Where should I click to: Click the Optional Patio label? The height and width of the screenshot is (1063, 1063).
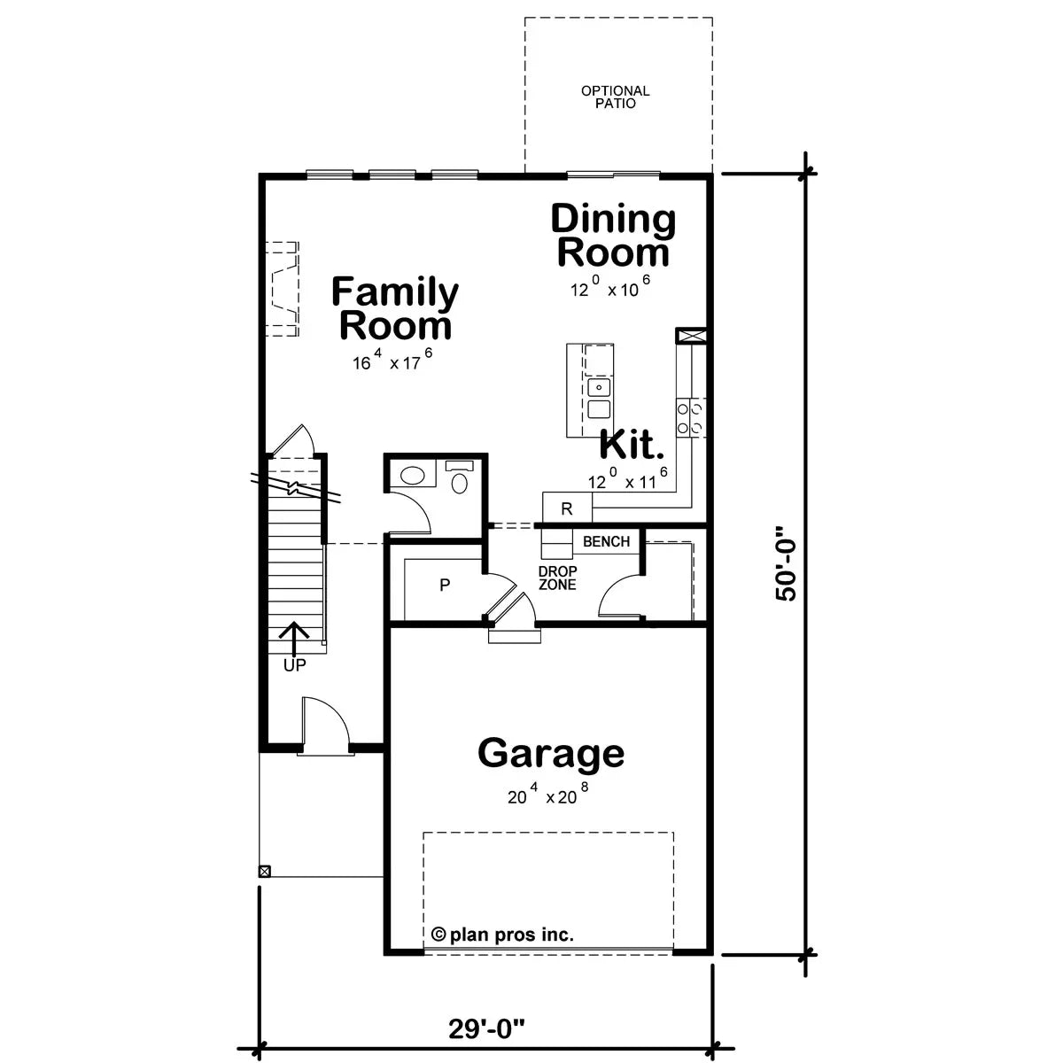pos(615,97)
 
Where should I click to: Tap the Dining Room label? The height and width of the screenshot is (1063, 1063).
pos(613,236)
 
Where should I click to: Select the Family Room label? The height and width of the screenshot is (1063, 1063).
pos(395,308)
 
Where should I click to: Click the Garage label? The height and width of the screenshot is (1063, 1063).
pos(551,754)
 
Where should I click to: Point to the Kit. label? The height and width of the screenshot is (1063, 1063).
pos(632,445)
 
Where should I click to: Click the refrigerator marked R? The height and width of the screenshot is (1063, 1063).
pos(567,508)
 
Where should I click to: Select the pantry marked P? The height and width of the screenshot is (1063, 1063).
pos(445,585)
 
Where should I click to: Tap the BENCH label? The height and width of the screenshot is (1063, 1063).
pos(607,542)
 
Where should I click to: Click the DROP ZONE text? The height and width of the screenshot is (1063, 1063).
pos(557,578)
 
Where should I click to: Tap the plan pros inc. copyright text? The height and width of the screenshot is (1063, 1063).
pos(503,934)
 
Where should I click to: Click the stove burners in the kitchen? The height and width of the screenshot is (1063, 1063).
pos(691,417)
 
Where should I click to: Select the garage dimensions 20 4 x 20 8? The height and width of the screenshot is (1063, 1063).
pos(548,796)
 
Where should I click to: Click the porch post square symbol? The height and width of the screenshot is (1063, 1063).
pos(263,871)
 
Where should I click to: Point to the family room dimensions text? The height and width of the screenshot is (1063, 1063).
pos(391,361)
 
